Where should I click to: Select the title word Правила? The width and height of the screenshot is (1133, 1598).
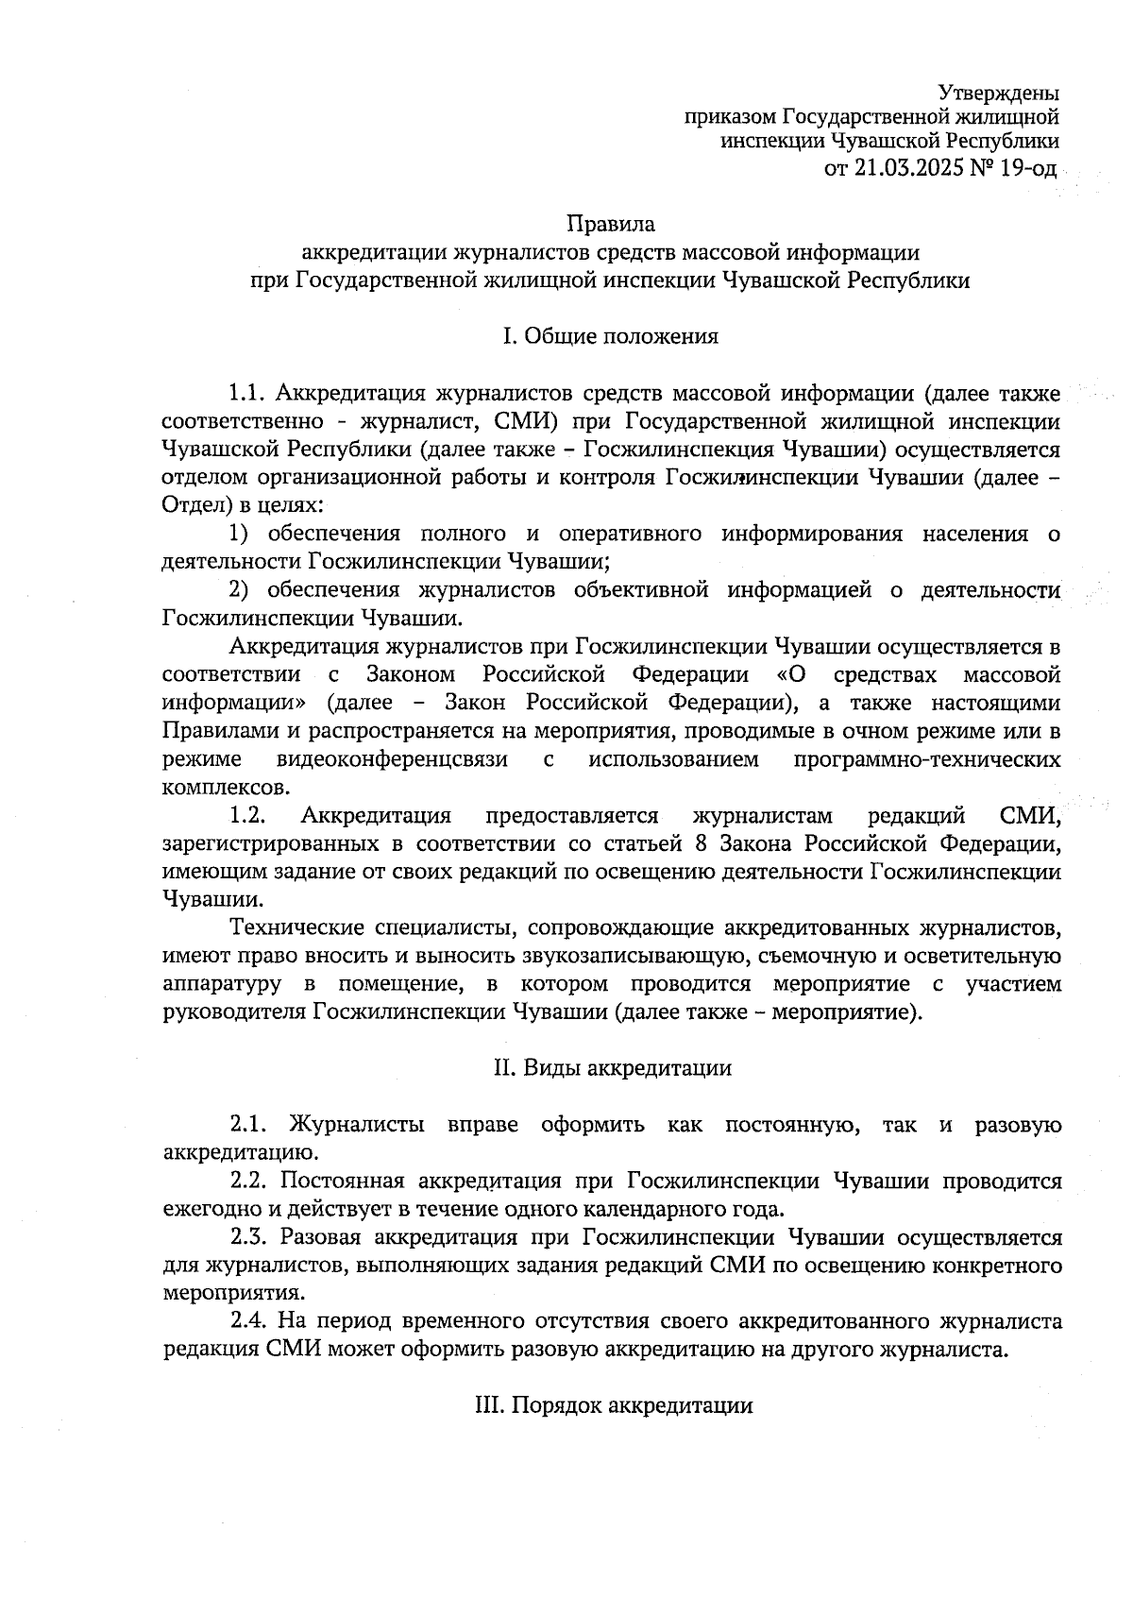click(610, 225)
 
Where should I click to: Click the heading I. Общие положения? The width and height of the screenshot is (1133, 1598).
click(610, 336)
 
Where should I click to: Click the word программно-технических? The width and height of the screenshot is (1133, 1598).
click(927, 759)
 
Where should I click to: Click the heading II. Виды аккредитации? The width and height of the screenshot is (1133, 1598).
click(612, 1068)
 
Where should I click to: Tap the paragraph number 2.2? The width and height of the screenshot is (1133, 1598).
click(249, 1181)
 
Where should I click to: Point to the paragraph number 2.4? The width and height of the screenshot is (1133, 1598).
click(249, 1321)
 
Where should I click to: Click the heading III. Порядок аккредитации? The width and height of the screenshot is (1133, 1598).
click(612, 1405)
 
